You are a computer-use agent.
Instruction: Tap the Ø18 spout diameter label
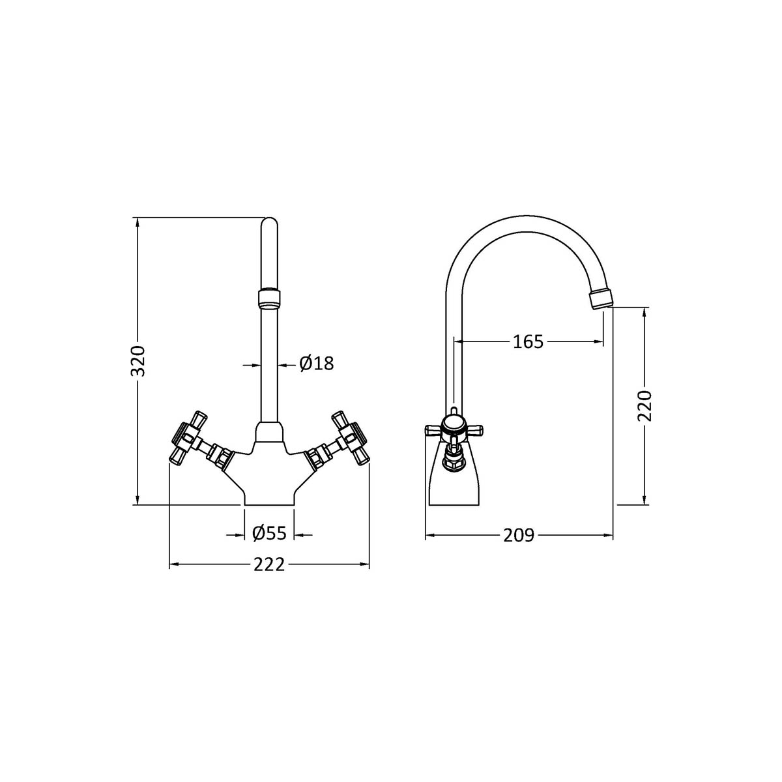pos(317,364)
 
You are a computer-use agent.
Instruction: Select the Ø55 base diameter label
pos(269,534)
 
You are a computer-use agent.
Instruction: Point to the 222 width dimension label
pos(269,565)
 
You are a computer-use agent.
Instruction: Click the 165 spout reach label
pos(528,341)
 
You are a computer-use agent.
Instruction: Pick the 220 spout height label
pos(644,406)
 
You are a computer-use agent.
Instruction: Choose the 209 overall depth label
pos(519,536)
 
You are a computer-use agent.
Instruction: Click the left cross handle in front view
pos(189,437)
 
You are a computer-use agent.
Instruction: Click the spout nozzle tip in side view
pos(601,300)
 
